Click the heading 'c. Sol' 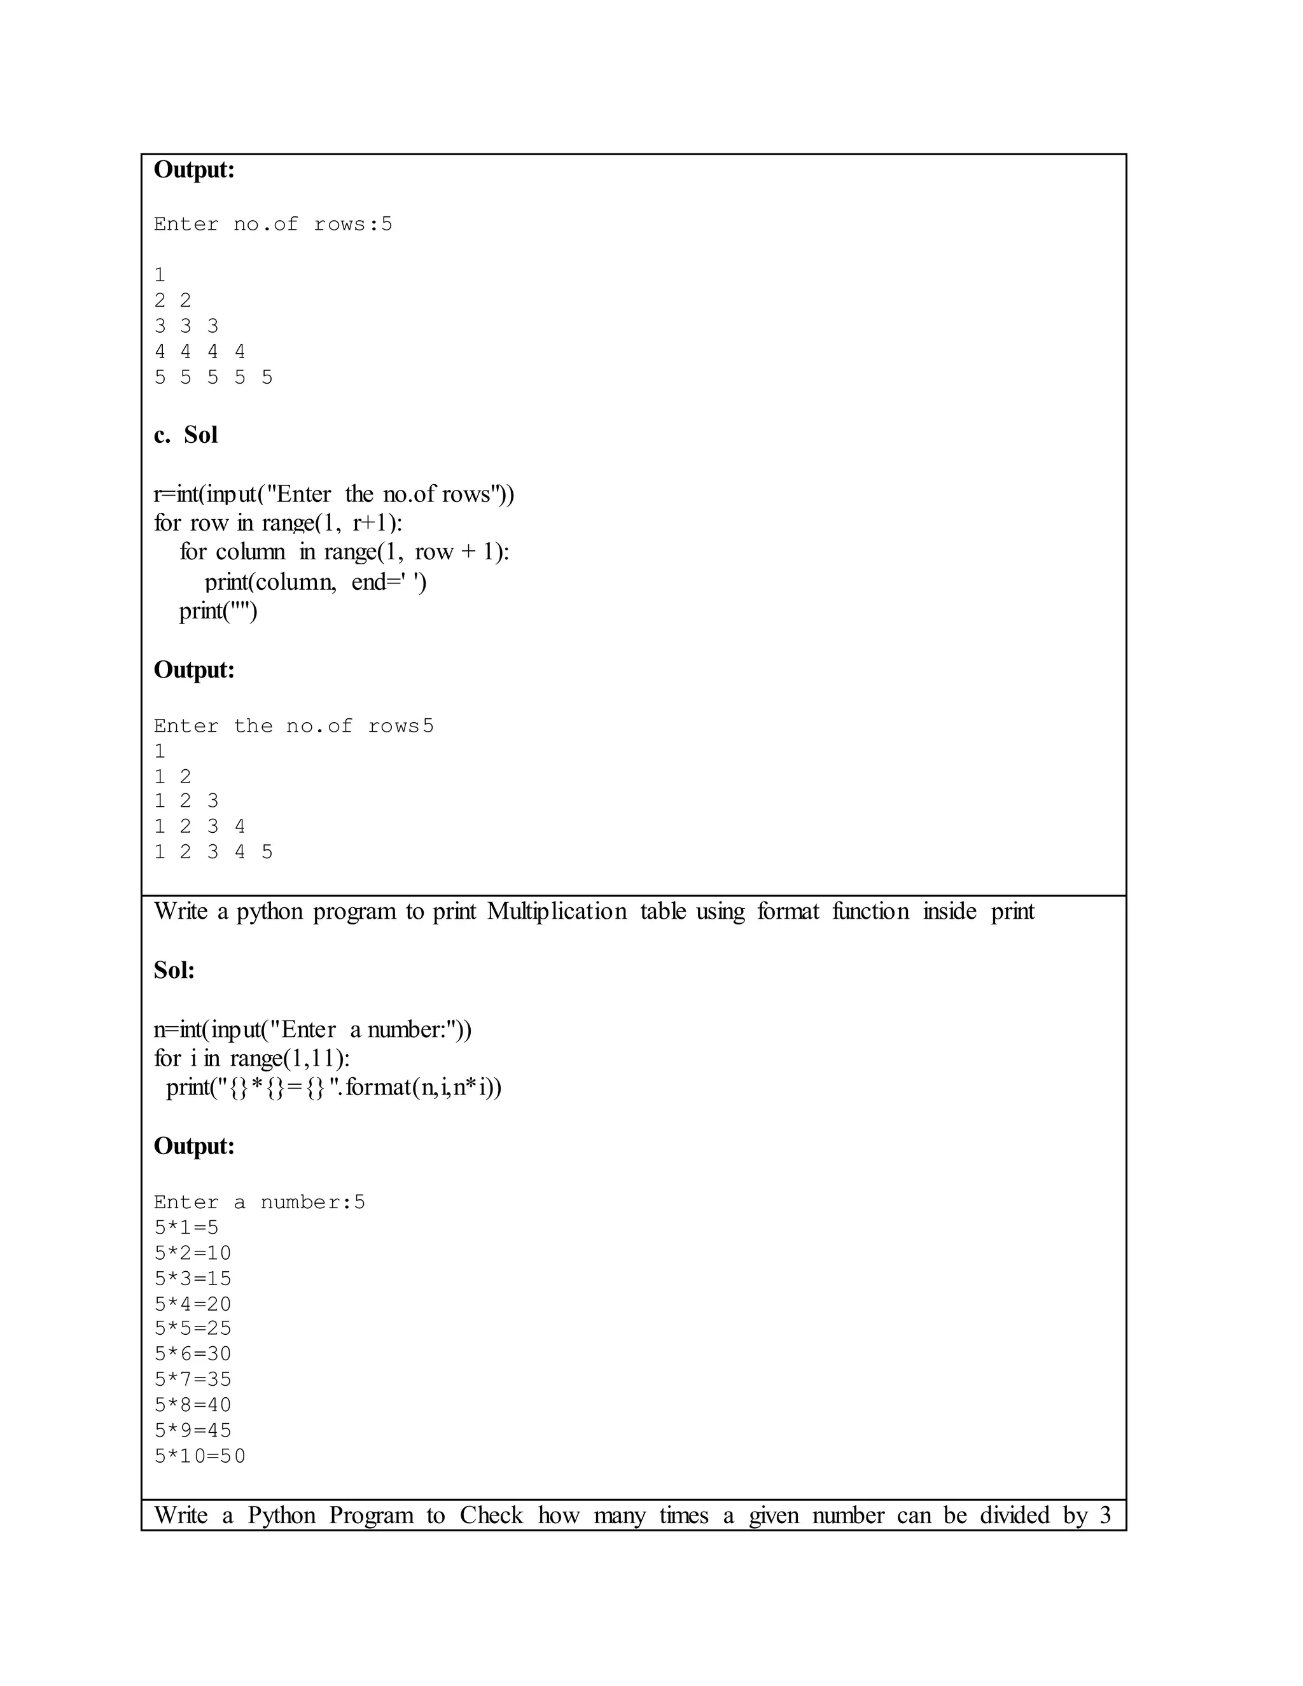(x=185, y=435)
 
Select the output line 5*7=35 (x=193, y=1379)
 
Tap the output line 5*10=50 (x=200, y=1456)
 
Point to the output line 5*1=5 (x=186, y=1227)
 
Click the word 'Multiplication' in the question (x=557, y=912)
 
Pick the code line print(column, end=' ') (x=315, y=582)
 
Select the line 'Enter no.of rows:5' (x=272, y=225)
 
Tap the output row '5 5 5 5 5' (x=213, y=377)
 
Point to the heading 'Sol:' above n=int (x=174, y=970)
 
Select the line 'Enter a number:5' (x=260, y=1202)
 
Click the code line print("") (x=218, y=611)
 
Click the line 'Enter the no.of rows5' (x=293, y=726)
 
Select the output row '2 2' (x=172, y=300)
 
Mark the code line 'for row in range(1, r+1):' (x=278, y=522)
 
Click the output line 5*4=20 (x=193, y=1304)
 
